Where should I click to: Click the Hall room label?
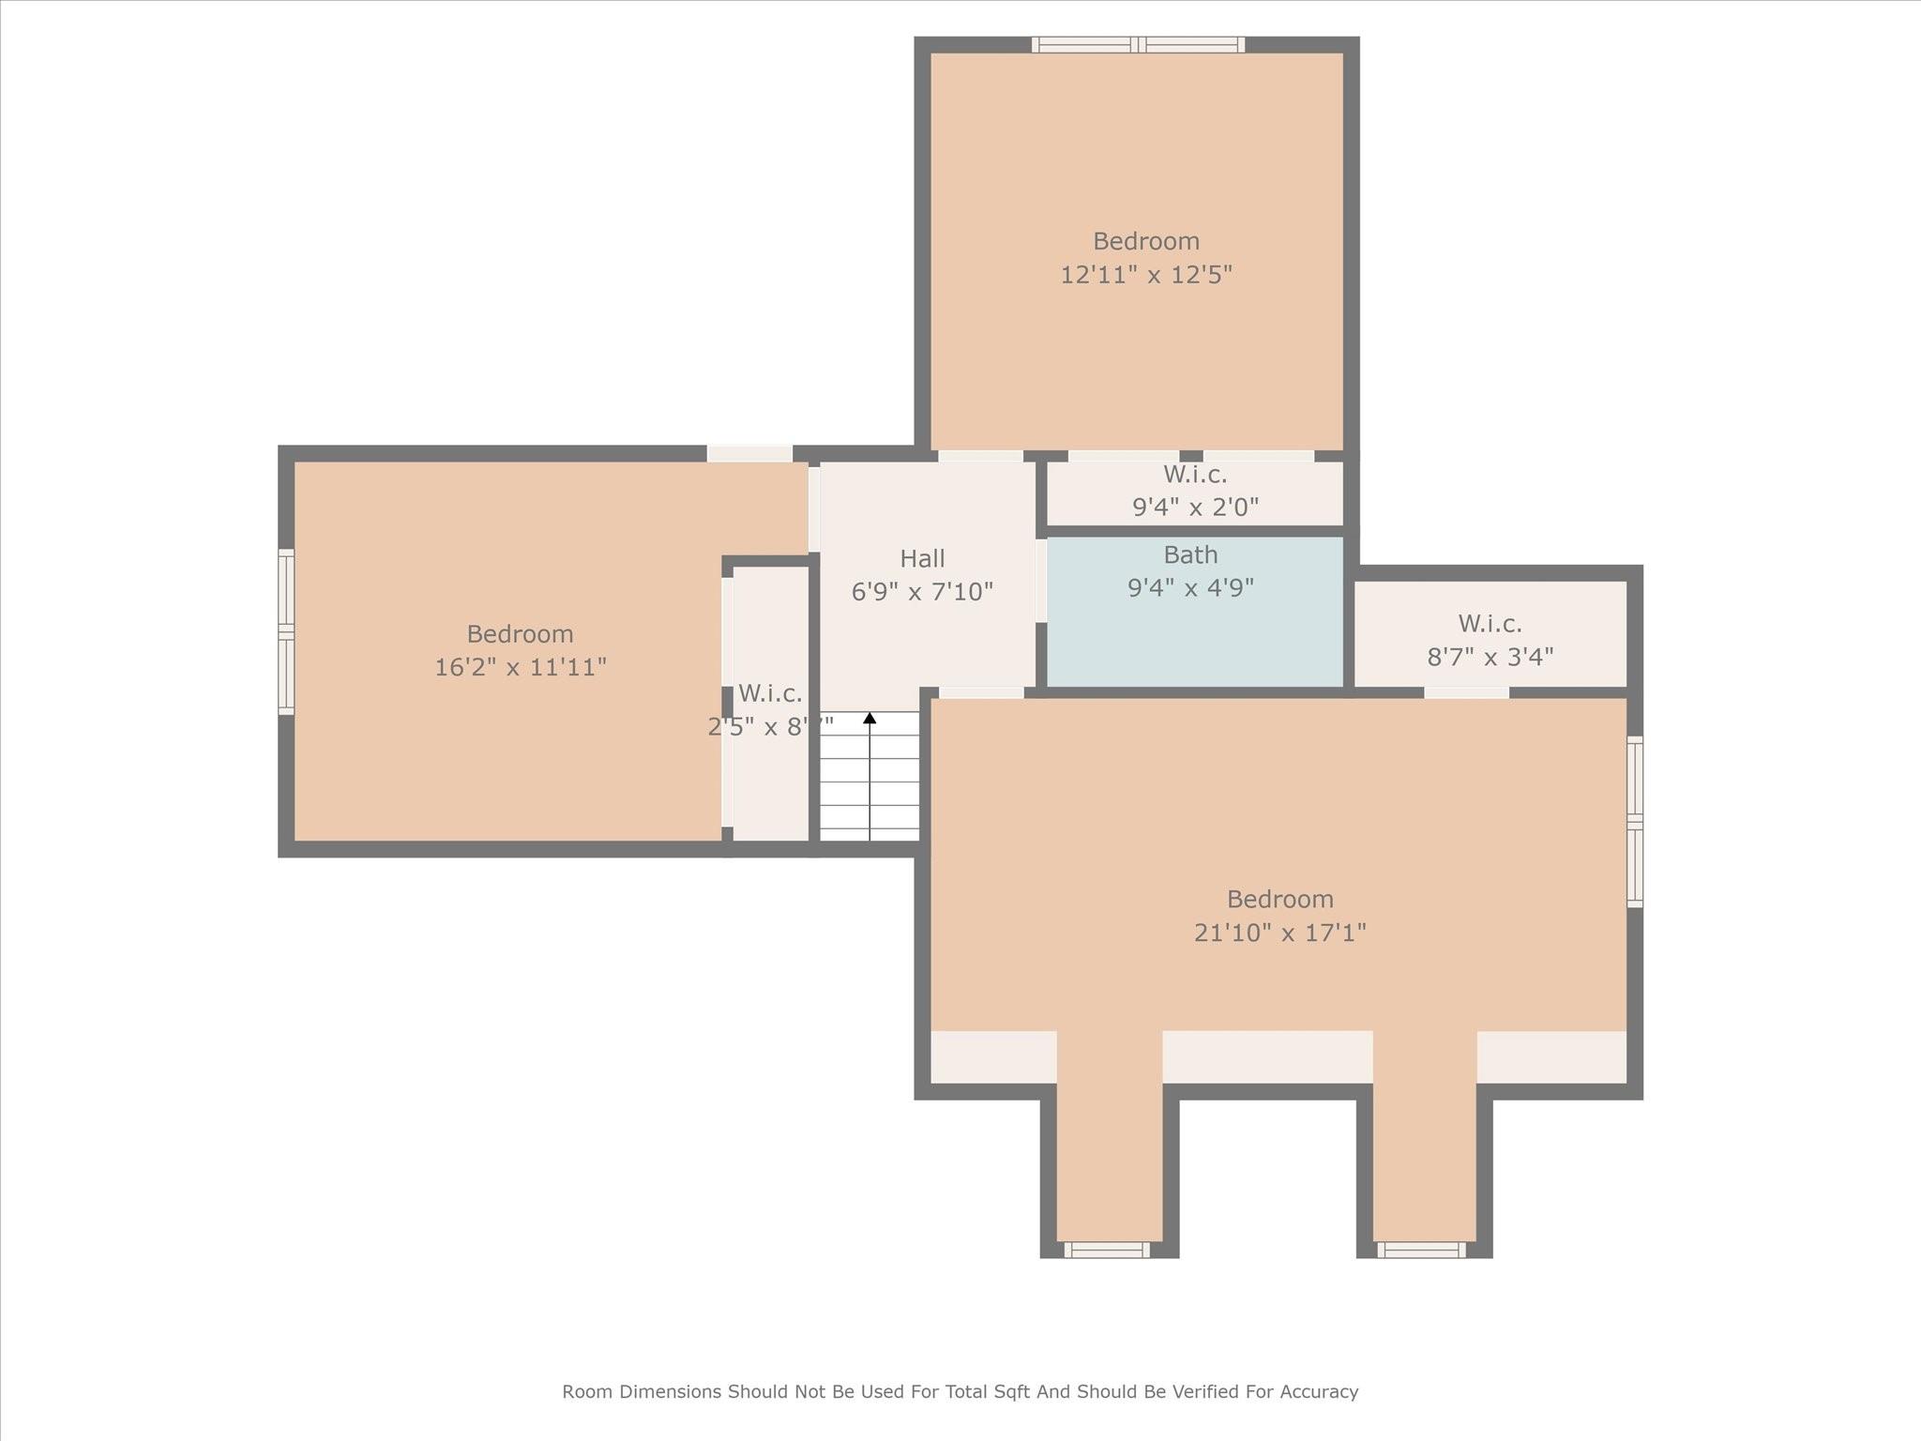coord(922,559)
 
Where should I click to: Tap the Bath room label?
coord(1190,554)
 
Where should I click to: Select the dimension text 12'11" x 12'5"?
coord(1146,275)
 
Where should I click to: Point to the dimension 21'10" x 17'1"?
coord(1279,933)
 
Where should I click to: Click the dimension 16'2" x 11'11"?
coord(521,667)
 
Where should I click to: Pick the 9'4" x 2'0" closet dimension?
coord(1195,508)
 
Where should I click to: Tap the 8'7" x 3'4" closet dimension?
coord(1490,657)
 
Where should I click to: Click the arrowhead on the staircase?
coord(870,718)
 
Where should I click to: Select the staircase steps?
coord(870,776)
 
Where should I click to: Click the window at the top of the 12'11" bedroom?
coord(1139,44)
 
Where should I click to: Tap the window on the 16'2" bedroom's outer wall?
coord(286,631)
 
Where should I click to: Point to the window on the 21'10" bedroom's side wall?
coord(1635,822)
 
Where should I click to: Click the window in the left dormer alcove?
coord(1107,1250)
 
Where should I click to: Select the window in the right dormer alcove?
coord(1421,1250)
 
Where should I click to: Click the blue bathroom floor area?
coord(1195,638)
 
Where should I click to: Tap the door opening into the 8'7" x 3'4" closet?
coord(1467,692)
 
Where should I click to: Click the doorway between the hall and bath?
coord(1041,581)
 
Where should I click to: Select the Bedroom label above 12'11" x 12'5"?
coord(1146,241)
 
